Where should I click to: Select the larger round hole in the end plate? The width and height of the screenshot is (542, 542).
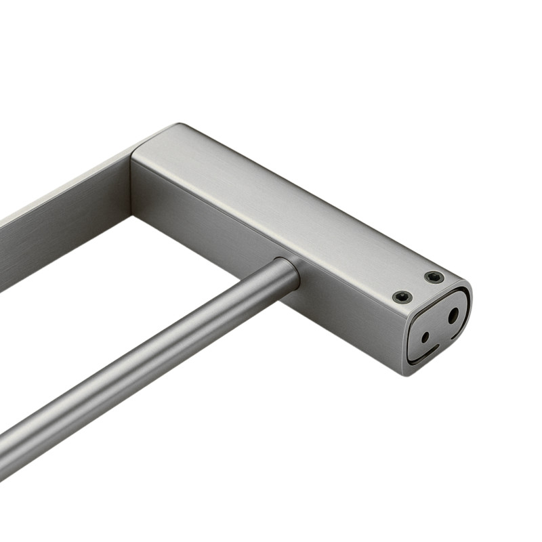point(453,316)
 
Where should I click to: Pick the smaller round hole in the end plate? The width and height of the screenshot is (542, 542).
point(425,337)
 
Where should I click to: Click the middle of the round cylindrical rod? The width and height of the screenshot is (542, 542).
point(156,359)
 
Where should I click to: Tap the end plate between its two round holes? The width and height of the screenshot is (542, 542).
point(440,326)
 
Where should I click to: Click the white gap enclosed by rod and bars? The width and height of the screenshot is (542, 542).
point(135,285)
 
